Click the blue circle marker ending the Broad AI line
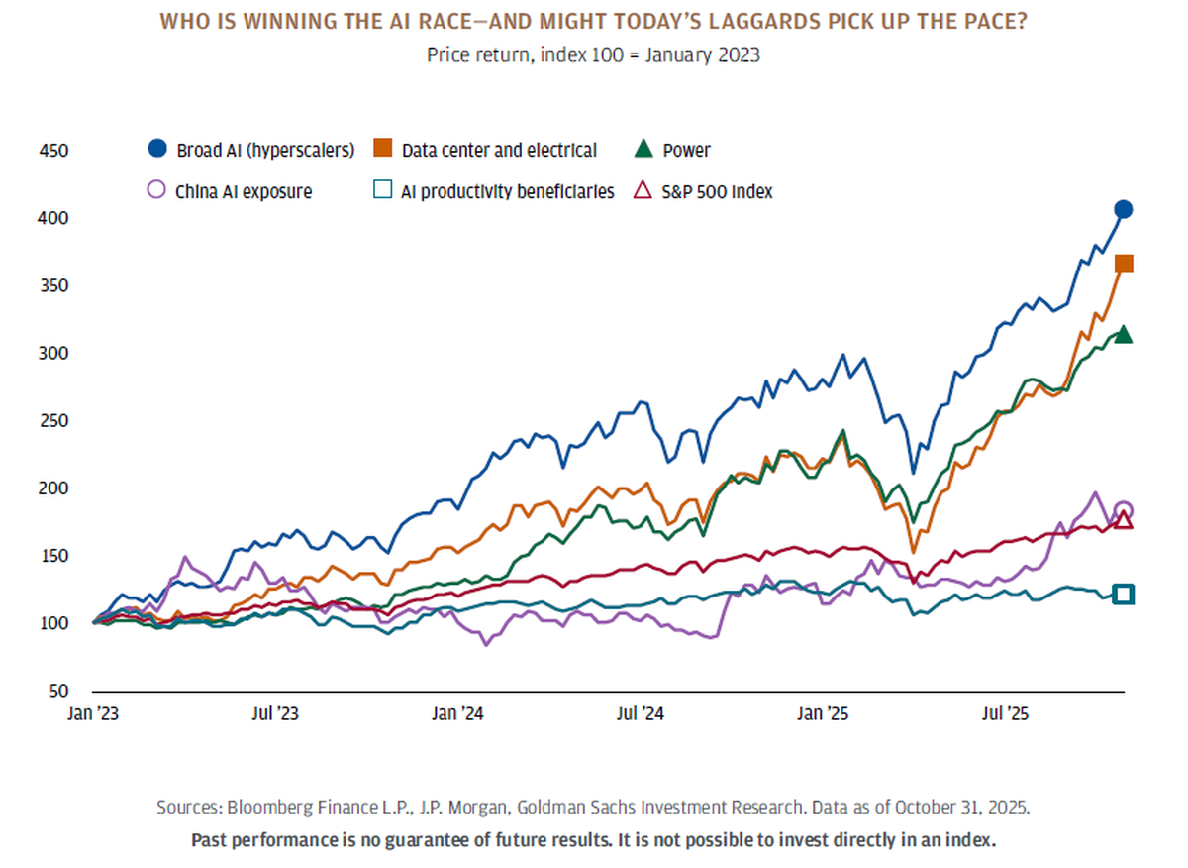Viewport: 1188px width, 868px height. (x=1124, y=209)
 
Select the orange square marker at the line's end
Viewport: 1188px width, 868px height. (x=1124, y=264)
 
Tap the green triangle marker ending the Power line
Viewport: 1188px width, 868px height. (x=1124, y=335)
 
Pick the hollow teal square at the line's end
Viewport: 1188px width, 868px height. (x=1124, y=595)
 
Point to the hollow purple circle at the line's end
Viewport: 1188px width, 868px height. (x=1124, y=510)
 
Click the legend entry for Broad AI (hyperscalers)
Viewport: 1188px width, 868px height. (x=265, y=151)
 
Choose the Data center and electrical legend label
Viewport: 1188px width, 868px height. (x=499, y=151)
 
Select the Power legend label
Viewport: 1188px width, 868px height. (x=687, y=151)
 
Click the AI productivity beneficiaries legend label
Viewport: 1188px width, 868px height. (x=507, y=192)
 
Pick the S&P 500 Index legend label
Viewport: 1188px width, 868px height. (x=719, y=192)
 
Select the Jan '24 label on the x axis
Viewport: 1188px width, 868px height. (x=458, y=713)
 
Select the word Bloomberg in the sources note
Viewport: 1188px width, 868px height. (x=263, y=807)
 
